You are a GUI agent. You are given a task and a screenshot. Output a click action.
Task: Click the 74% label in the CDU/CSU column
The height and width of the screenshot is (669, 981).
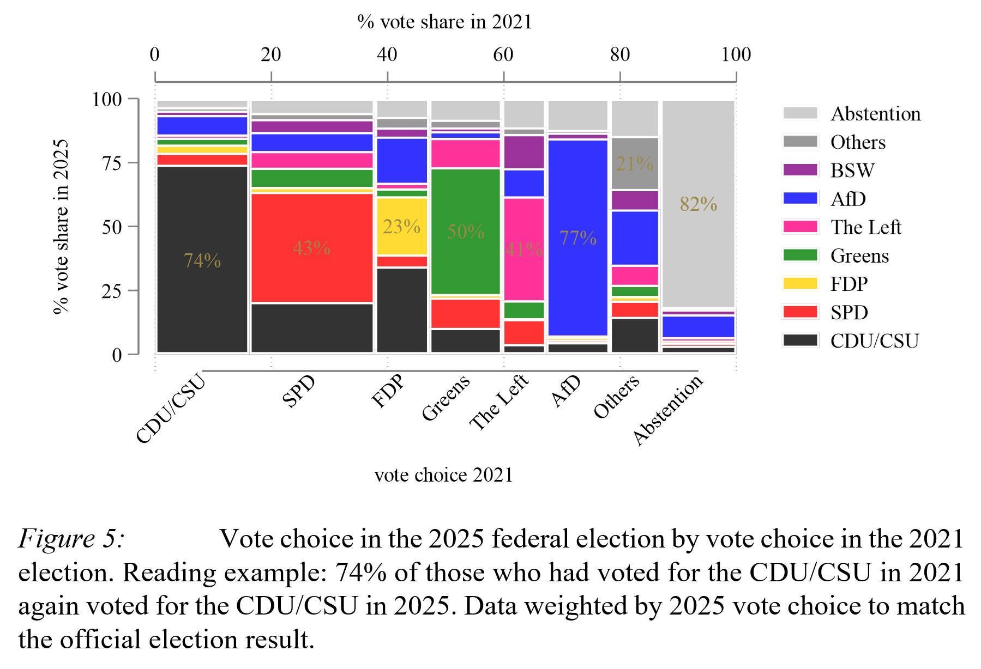pos(202,261)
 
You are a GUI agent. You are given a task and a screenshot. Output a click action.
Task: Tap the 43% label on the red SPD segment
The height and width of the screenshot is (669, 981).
pos(311,248)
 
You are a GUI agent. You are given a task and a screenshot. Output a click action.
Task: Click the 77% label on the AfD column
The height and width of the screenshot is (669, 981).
pos(578,238)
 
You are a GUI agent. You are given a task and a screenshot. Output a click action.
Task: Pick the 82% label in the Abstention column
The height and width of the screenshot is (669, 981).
pos(698,204)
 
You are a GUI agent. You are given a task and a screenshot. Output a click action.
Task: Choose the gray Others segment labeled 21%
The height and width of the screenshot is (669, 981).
pos(635,163)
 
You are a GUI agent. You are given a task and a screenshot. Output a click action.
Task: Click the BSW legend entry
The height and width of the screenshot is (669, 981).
pos(852,171)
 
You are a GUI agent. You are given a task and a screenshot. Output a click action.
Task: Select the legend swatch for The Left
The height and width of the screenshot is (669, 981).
pos(800,227)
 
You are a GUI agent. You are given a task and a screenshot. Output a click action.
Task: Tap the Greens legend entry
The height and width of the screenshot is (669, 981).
pos(859,256)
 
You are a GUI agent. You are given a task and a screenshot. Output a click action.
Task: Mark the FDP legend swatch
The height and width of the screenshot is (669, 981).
pos(800,283)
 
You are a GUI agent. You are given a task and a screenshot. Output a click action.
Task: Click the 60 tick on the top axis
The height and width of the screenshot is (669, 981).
pos(503,54)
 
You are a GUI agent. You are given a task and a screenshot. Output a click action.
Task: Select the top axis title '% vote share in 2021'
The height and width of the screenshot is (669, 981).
pos(444,22)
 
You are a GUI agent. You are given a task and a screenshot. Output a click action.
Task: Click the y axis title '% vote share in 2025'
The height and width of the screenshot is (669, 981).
pos(61,226)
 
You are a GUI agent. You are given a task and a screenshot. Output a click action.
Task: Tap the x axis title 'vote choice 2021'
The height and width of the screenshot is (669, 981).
pos(443,475)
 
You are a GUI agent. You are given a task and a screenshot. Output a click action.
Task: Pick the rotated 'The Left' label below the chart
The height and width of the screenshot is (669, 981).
pos(499,402)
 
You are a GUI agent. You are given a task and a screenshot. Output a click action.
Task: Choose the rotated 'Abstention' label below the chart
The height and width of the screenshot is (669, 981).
pos(668,410)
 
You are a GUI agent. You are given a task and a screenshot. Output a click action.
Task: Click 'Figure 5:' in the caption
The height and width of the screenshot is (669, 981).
pos(71,539)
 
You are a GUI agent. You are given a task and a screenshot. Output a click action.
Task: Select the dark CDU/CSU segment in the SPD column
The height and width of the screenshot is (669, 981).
pos(311,328)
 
